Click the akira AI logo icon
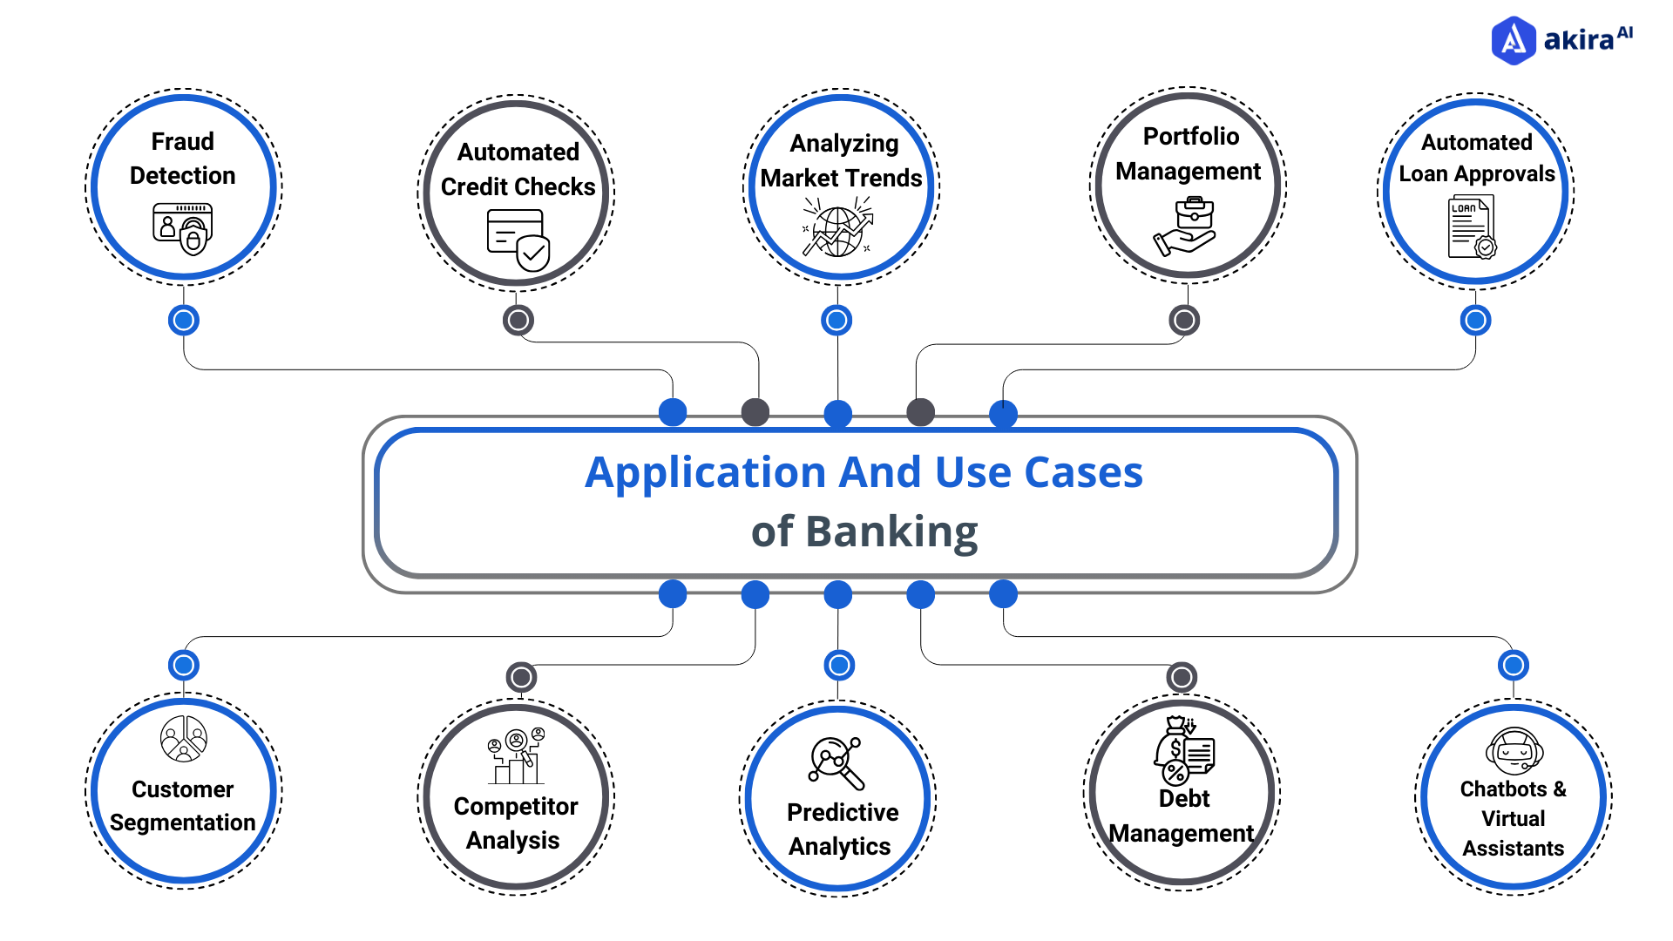[1514, 40]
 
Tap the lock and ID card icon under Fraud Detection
[183, 229]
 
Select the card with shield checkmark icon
[518, 240]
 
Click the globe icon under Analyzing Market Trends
[837, 230]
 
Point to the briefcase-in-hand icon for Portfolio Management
[1186, 226]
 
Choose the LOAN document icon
[1472, 227]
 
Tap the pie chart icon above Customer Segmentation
[184, 739]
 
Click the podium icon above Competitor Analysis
[516, 755]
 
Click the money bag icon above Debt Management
[1184, 751]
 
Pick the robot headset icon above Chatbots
[1514, 751]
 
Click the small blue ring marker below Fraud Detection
[184, 321]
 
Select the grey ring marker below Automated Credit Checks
[518, 321]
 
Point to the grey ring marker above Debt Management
[1182, 677]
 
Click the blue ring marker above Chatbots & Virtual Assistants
[1514, 666]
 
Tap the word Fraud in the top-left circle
[183, 141]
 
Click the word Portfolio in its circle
[1190, 137]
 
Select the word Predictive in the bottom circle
[843, 812]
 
